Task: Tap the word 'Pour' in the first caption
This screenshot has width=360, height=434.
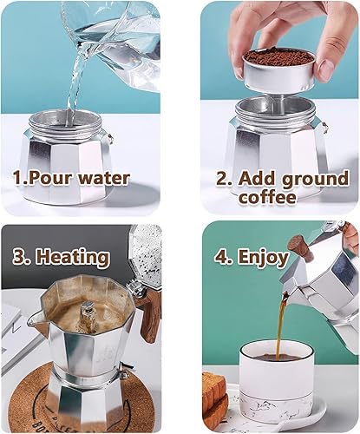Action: pyautogui.click(x=49, y=180)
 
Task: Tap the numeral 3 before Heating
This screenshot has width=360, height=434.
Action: pyautogui.click(x=20, y=258)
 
